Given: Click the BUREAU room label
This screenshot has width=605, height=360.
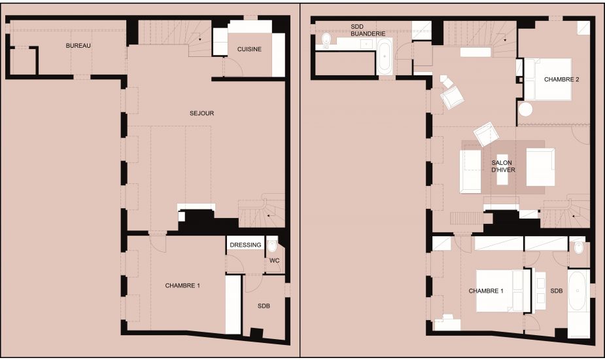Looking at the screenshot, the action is click(x=78, y=46).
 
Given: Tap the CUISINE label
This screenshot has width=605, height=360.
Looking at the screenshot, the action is click(x=249, y=49).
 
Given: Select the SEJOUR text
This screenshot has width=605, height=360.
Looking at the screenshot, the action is click(x=202, y=113).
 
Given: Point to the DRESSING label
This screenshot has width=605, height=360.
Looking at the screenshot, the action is click(x=245, y=245).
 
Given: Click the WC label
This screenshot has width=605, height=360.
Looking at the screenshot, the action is click(x=274, y=261).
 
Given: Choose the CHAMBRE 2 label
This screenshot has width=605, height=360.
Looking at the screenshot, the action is click(x=561, y=80).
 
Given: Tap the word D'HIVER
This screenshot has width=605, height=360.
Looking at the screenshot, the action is click(x=504, y=170).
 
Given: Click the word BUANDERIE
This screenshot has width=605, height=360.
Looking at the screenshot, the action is click(x=368, y=33).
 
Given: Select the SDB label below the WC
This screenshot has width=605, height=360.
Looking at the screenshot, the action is click(x=264, y=306).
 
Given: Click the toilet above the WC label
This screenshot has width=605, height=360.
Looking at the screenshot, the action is click(x=272, y=245).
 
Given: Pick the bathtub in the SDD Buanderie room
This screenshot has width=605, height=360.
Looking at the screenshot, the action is click(x=385, y=56).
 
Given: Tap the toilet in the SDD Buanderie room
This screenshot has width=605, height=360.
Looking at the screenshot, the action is click(x=326, y=39).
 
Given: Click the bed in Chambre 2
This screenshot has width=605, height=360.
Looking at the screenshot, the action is click(x=547, y=79).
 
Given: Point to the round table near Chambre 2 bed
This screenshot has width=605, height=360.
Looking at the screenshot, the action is click(x=525, y=109).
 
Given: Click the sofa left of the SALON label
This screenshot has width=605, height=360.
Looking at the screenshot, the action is click(x=470, y=170).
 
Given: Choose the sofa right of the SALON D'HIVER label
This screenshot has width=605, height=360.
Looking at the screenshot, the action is click(x=540, y=167).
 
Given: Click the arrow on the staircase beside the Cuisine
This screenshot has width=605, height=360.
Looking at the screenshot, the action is click(x=200, y=39).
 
